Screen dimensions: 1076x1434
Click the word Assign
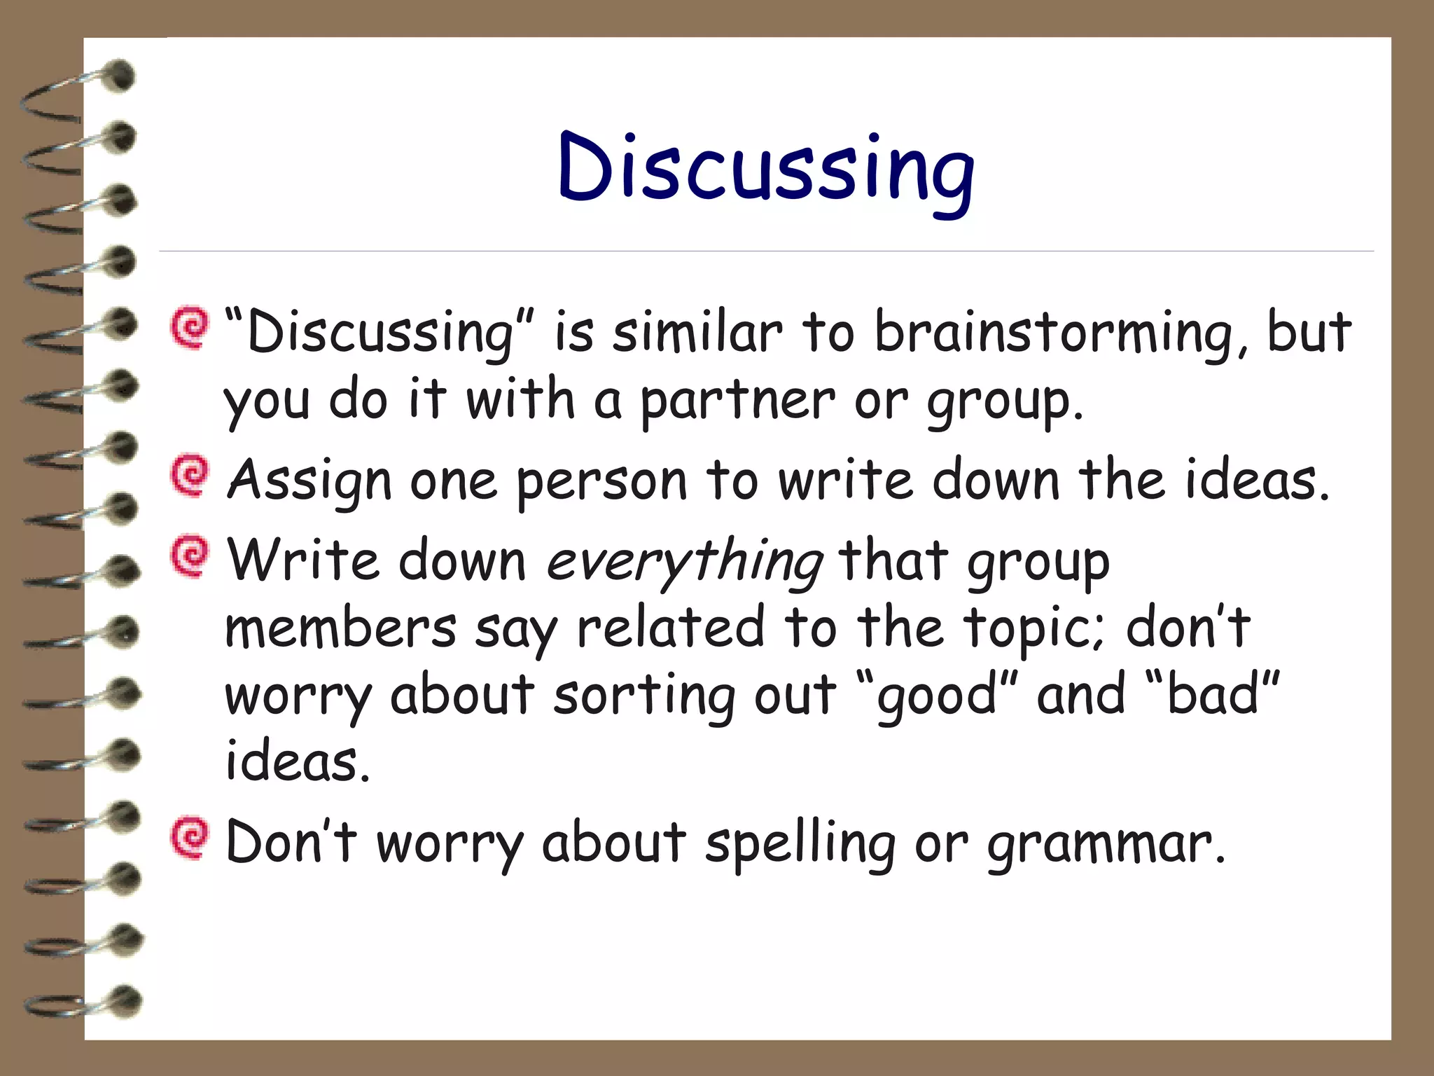tap(309, 481)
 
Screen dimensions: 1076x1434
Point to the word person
tap(602, 483)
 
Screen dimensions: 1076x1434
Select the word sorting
tap(644, 697)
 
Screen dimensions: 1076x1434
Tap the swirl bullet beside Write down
tap(190, 556)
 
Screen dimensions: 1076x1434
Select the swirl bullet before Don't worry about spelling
tap(190, 838)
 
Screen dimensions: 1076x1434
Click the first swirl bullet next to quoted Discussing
tap(190, 327)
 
